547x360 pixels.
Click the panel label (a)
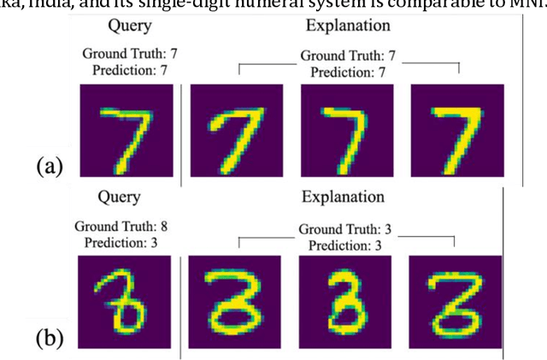[x=50, y=165]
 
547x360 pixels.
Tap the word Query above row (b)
[x=124, y=198]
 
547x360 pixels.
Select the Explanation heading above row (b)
[x=343, y=198]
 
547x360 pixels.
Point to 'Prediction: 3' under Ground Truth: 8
[x=126, y=243]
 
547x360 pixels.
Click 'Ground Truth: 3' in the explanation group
[x=347, y=229]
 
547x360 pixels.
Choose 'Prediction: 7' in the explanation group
[x=349, y=72]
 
